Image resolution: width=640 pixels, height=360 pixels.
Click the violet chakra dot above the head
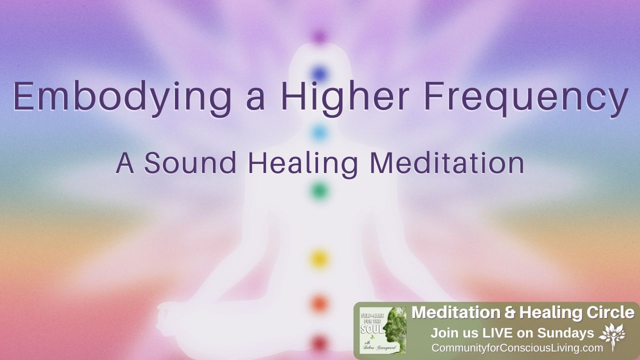(x=319, y=36)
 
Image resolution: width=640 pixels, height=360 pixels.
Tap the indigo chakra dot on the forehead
(x=319, y=74)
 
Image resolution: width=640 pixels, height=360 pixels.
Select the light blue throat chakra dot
(x=319, y=132)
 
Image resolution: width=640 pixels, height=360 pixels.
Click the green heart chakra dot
(x=319, y=190)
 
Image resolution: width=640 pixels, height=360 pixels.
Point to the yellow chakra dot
(x=319, y=258)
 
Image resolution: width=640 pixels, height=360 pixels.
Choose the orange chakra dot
(x=319, y=303)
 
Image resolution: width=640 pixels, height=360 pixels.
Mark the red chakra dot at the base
(x=319, y=342)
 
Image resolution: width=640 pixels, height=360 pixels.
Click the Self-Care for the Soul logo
(x=383, y=330)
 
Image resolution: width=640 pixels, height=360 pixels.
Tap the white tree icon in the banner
(x=612, y=335)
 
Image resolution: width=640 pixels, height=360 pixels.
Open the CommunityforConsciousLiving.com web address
(x=517, y=348)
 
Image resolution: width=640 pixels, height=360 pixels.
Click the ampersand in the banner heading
(x=509, y=313)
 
